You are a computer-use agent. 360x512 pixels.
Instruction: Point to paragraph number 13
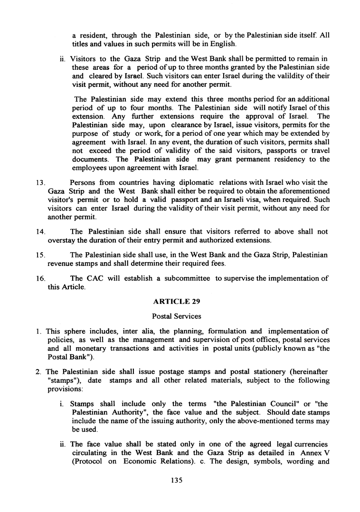pyautogui.click(x=40, y=182)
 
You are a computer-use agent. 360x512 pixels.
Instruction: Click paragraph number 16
pyautogui.click(x=40, y=279)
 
